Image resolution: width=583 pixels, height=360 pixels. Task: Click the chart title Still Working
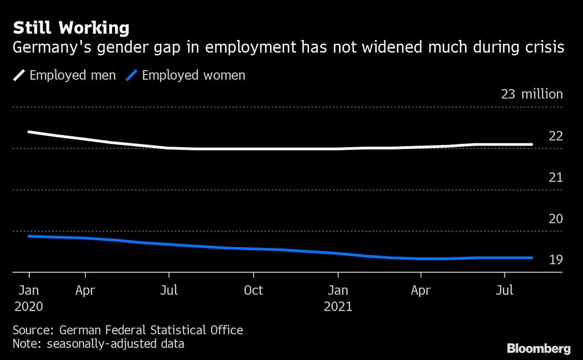click(71, 27)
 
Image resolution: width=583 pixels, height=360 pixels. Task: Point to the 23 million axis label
click(532, 94)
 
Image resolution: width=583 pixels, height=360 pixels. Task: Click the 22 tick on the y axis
click(556, 136)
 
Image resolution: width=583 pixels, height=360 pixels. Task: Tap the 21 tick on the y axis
click(556, 178)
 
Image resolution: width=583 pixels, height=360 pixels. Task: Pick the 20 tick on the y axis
click(556, 219)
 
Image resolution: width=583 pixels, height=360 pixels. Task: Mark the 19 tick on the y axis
click(556, 260)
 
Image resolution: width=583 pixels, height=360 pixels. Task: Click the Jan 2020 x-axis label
click(29, 298)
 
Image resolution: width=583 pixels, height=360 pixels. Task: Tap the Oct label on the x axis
click(253, 290)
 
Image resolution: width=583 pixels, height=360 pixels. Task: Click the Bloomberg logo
click(539, 349)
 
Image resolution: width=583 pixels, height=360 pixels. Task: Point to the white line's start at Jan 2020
click(29, 132)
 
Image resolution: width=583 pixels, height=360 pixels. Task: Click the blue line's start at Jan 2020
click(29, 236)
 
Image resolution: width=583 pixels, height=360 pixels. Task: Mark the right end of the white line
click(532, 144)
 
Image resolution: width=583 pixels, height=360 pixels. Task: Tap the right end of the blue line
click(532, 257)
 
